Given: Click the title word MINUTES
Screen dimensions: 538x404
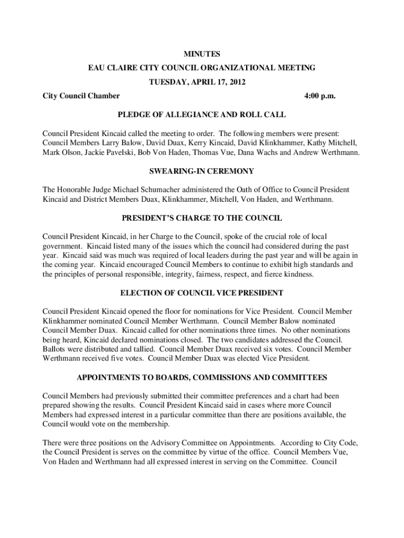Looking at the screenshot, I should coord(201,54).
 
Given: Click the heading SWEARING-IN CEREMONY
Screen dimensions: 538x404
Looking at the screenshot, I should coord(201,171).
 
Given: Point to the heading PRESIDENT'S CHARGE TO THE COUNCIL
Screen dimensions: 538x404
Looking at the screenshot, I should coord(201,218).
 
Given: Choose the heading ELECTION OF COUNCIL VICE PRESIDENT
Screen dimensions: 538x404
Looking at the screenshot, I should coord(201,293).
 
